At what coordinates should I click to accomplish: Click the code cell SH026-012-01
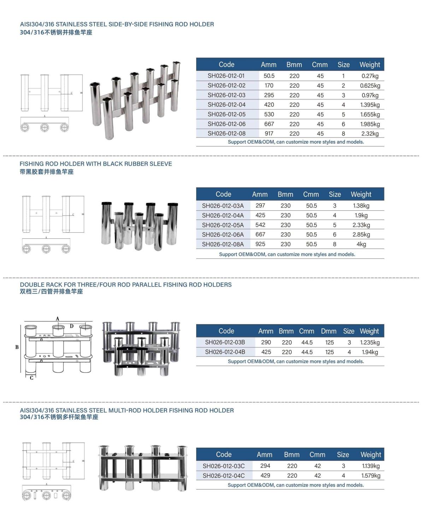(x=226, y=76)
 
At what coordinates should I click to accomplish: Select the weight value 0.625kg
(x=370, y=86)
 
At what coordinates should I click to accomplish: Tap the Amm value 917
(x=269, y=134)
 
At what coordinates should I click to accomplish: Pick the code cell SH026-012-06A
(x=223, y=234)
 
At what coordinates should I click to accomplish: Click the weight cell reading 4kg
(x=361, y=244)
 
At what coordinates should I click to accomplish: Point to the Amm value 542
(x=260, y=225)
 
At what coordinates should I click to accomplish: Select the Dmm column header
(x=329, y=331)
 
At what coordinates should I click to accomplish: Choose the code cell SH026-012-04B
(x=225, y=352)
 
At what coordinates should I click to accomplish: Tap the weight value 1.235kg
(x=370, y=342)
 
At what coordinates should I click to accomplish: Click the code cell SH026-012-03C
(x=224, y=466)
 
